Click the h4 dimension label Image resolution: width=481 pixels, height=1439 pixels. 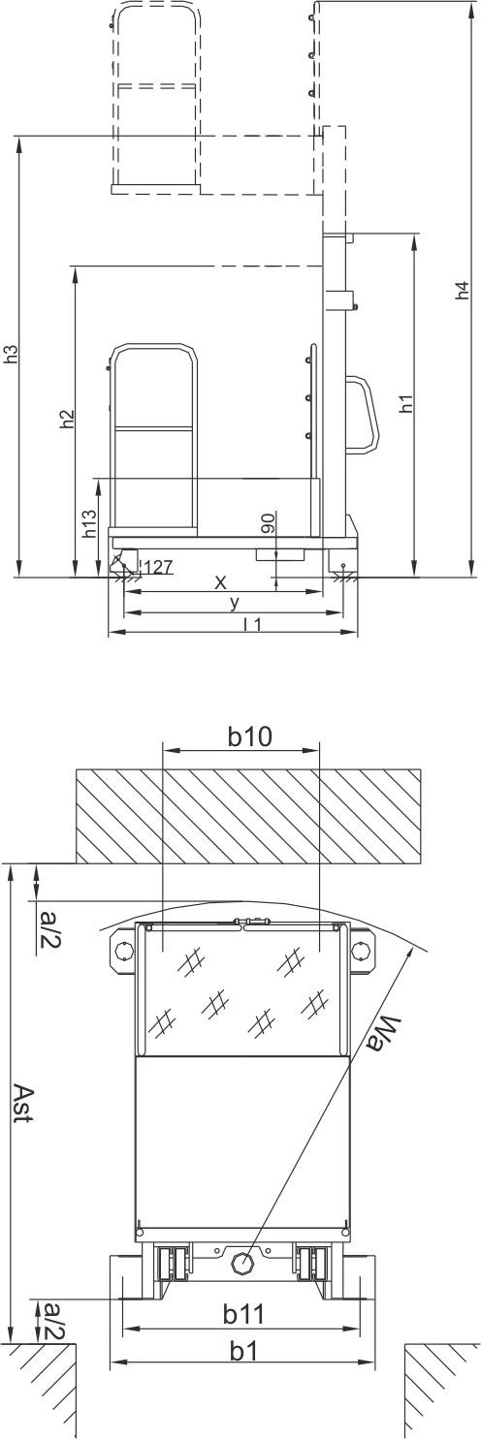pos(461,291)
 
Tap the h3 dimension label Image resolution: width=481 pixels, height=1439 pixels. pos(12,355)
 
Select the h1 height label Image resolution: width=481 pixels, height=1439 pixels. pos(404,404)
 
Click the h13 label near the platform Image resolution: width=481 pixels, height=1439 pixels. pos(89,525)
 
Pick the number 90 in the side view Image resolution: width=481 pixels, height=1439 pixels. pos(269,523)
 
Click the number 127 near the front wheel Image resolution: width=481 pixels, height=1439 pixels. pos(158,567)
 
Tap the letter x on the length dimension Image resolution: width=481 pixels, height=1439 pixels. pos(220,582)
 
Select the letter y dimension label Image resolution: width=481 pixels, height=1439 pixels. pos(235,604)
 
